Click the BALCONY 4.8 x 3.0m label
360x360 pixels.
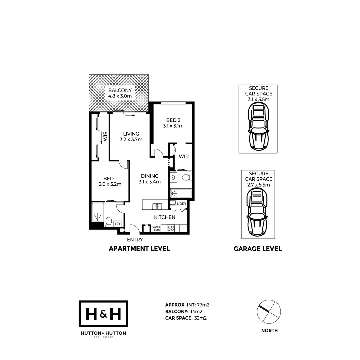120,93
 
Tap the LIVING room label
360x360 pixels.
131,137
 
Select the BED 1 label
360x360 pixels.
110,181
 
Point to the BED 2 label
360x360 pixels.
173,123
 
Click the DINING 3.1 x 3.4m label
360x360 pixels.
150,179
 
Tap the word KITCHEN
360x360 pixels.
164,217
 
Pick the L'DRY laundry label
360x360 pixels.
181,204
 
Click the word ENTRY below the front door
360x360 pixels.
135,240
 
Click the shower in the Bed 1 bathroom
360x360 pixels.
98,212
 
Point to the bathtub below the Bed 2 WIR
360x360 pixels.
180,194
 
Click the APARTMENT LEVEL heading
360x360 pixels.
139,249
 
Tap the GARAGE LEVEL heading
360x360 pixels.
258,249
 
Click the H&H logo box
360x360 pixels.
103,314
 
